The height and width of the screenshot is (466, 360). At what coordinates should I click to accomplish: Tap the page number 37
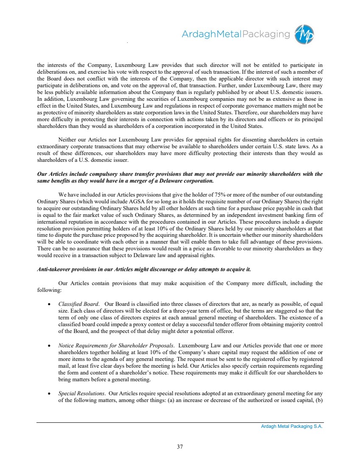coord(180,446)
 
